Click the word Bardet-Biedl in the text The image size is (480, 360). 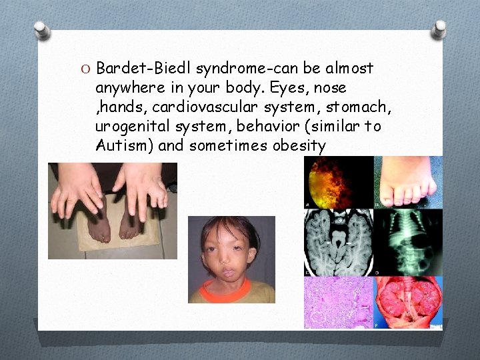coord(137,68)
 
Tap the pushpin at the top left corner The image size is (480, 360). coord(42,29)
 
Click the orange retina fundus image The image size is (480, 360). coord(338,183)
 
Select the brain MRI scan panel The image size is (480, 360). coord(338,243)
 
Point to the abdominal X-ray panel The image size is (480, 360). coord(407,243)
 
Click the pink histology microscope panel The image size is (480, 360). coord(338,302)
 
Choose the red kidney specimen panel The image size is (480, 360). coord(407,302)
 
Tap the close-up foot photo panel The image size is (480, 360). coord(407,183)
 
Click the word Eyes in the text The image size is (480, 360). coord(279,88)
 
